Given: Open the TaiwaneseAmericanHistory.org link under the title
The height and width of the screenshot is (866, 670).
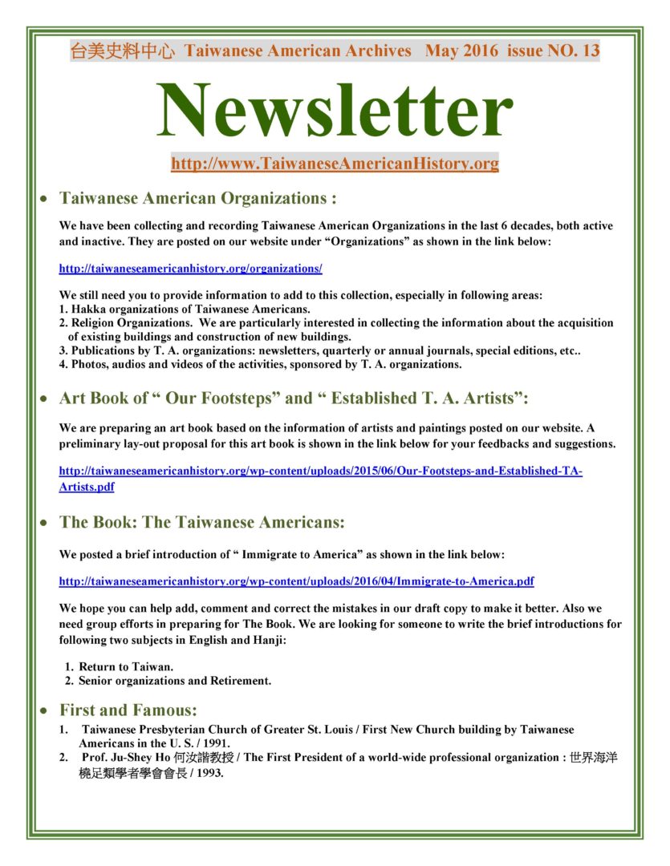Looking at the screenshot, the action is tap(335, 164).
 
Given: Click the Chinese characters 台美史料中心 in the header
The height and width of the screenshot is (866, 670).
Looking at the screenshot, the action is tap(123, 52).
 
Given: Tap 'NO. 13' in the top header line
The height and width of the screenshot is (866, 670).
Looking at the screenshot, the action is tap(573, 52).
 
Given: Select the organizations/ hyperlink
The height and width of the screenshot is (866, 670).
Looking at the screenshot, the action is tap(191, 268).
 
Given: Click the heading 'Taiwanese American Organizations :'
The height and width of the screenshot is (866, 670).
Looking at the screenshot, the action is tap(197, 198).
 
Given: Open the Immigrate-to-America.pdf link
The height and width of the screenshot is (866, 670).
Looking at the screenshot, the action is tap(297, 581).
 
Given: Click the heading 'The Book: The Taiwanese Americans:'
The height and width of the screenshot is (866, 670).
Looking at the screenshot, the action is tap(202, 523).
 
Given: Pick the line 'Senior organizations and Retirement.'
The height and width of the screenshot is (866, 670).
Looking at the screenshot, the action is tap(175, 681).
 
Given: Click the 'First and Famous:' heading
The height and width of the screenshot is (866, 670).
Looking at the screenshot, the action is tap(128, 710).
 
